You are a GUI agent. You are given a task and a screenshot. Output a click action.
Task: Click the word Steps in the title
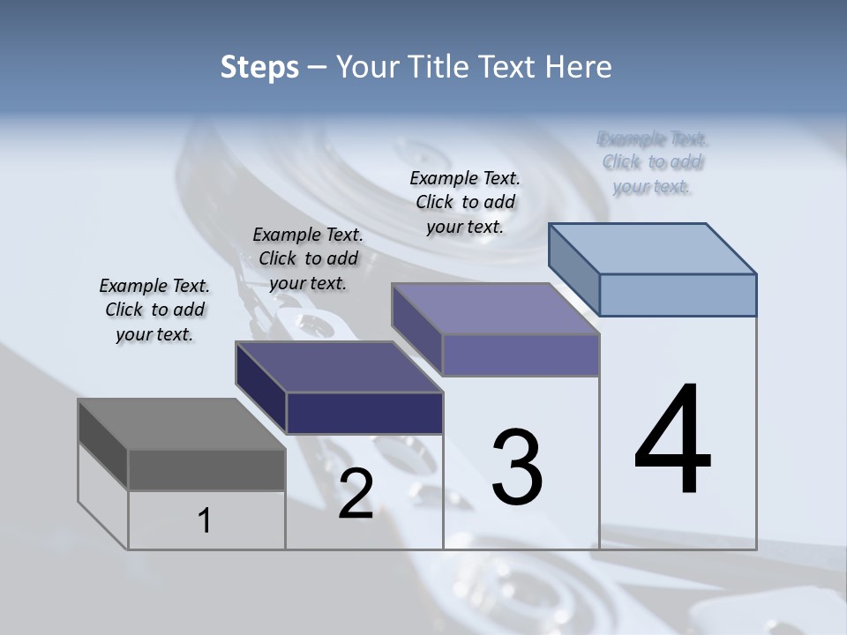pos(259,67)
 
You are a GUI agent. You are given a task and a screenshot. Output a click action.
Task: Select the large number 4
pos(672,440)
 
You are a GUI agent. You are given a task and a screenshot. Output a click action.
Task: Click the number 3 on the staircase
pos(517,467)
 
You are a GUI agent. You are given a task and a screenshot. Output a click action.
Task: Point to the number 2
pos(356,494)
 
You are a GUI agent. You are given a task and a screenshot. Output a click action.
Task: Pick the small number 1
pos(205,521)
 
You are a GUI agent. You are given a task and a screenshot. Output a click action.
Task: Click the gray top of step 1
pos(181,424)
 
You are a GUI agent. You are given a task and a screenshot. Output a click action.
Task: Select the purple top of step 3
pos(495,309)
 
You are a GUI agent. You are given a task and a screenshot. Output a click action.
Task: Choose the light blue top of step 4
pos(652,249)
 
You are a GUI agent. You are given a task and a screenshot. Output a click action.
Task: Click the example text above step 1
pos(154,310)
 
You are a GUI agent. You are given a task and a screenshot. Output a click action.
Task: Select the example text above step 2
pos(308,258)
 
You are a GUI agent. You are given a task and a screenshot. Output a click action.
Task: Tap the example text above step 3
pos(465,202)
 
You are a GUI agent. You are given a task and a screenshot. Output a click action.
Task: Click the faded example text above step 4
pos(652,162)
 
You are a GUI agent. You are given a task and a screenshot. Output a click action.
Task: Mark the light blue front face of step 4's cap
pos(678,295)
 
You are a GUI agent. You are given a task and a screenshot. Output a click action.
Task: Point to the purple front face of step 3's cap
pos(521,355)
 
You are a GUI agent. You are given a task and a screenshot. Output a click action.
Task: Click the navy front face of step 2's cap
pos(364,413)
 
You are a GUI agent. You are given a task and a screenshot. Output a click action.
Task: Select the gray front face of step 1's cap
pos(206,470)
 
